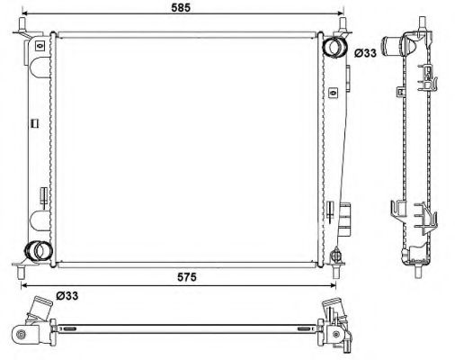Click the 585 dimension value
pos(181,7)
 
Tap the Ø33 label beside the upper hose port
pos(366,52)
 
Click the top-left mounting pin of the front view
pos(19,33)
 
